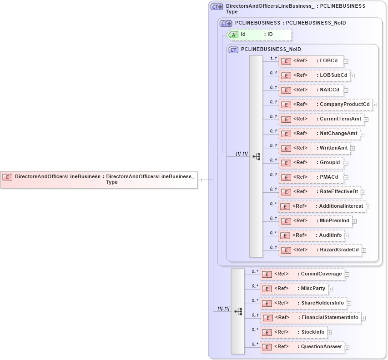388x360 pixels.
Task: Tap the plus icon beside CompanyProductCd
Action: click(x=375, y=105)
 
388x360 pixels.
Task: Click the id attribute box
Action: click(x=259, y=35)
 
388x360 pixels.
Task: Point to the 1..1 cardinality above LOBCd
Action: click(x=273, y=58)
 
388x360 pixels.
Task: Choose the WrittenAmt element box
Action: click(x=314, y=148)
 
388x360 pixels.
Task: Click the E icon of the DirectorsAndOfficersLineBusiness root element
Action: click(x=7, y=176)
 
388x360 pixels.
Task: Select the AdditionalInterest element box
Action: click(x=322, y=206)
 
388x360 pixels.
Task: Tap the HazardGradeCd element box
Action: click(x=320, y=250)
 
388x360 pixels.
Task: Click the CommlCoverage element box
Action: click(x=302, y=274)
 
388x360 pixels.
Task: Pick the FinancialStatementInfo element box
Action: click(x=311, y=318)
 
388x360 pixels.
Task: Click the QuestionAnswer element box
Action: click(x=302, y=347)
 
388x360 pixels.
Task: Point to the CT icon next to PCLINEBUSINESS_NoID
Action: click(x=234, y=50)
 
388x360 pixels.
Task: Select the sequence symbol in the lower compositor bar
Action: click(x=238, y=311)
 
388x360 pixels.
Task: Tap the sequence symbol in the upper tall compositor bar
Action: click(x=256, y=156)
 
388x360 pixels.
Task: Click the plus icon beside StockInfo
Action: click(x=330, y=332)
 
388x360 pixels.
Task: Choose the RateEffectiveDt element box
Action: click(x=319, y=192)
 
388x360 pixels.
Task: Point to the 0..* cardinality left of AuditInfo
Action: click(x=273, y=233)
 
